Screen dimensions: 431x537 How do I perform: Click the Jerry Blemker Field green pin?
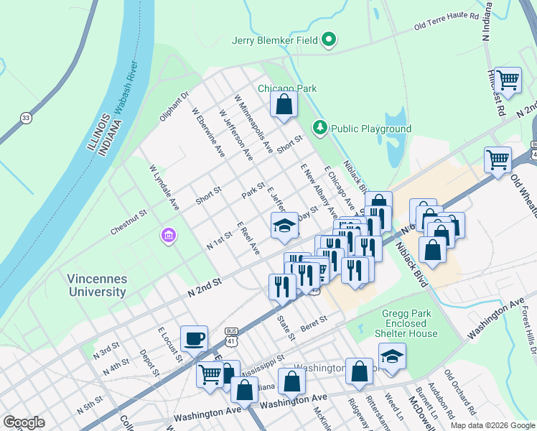(x=330, y=40)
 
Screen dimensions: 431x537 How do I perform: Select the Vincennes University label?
(x=98, y=285)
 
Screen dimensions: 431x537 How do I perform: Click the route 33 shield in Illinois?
(x=27, y=118)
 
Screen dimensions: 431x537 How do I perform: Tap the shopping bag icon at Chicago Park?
(x=284, y=104)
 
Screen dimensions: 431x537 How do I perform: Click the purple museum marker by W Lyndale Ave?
(x=169, y=236)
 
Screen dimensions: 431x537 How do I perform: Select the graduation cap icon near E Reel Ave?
(x=284, y=225)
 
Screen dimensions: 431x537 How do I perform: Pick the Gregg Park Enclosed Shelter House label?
(x=405, y=323)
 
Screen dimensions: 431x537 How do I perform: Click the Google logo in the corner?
(x=24, y=422)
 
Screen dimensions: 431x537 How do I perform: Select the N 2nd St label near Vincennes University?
(x=205, y=288)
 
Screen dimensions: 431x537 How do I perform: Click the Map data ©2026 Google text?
(x=492, y=425)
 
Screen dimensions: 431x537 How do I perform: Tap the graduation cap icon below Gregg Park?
(x=392, y=356)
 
